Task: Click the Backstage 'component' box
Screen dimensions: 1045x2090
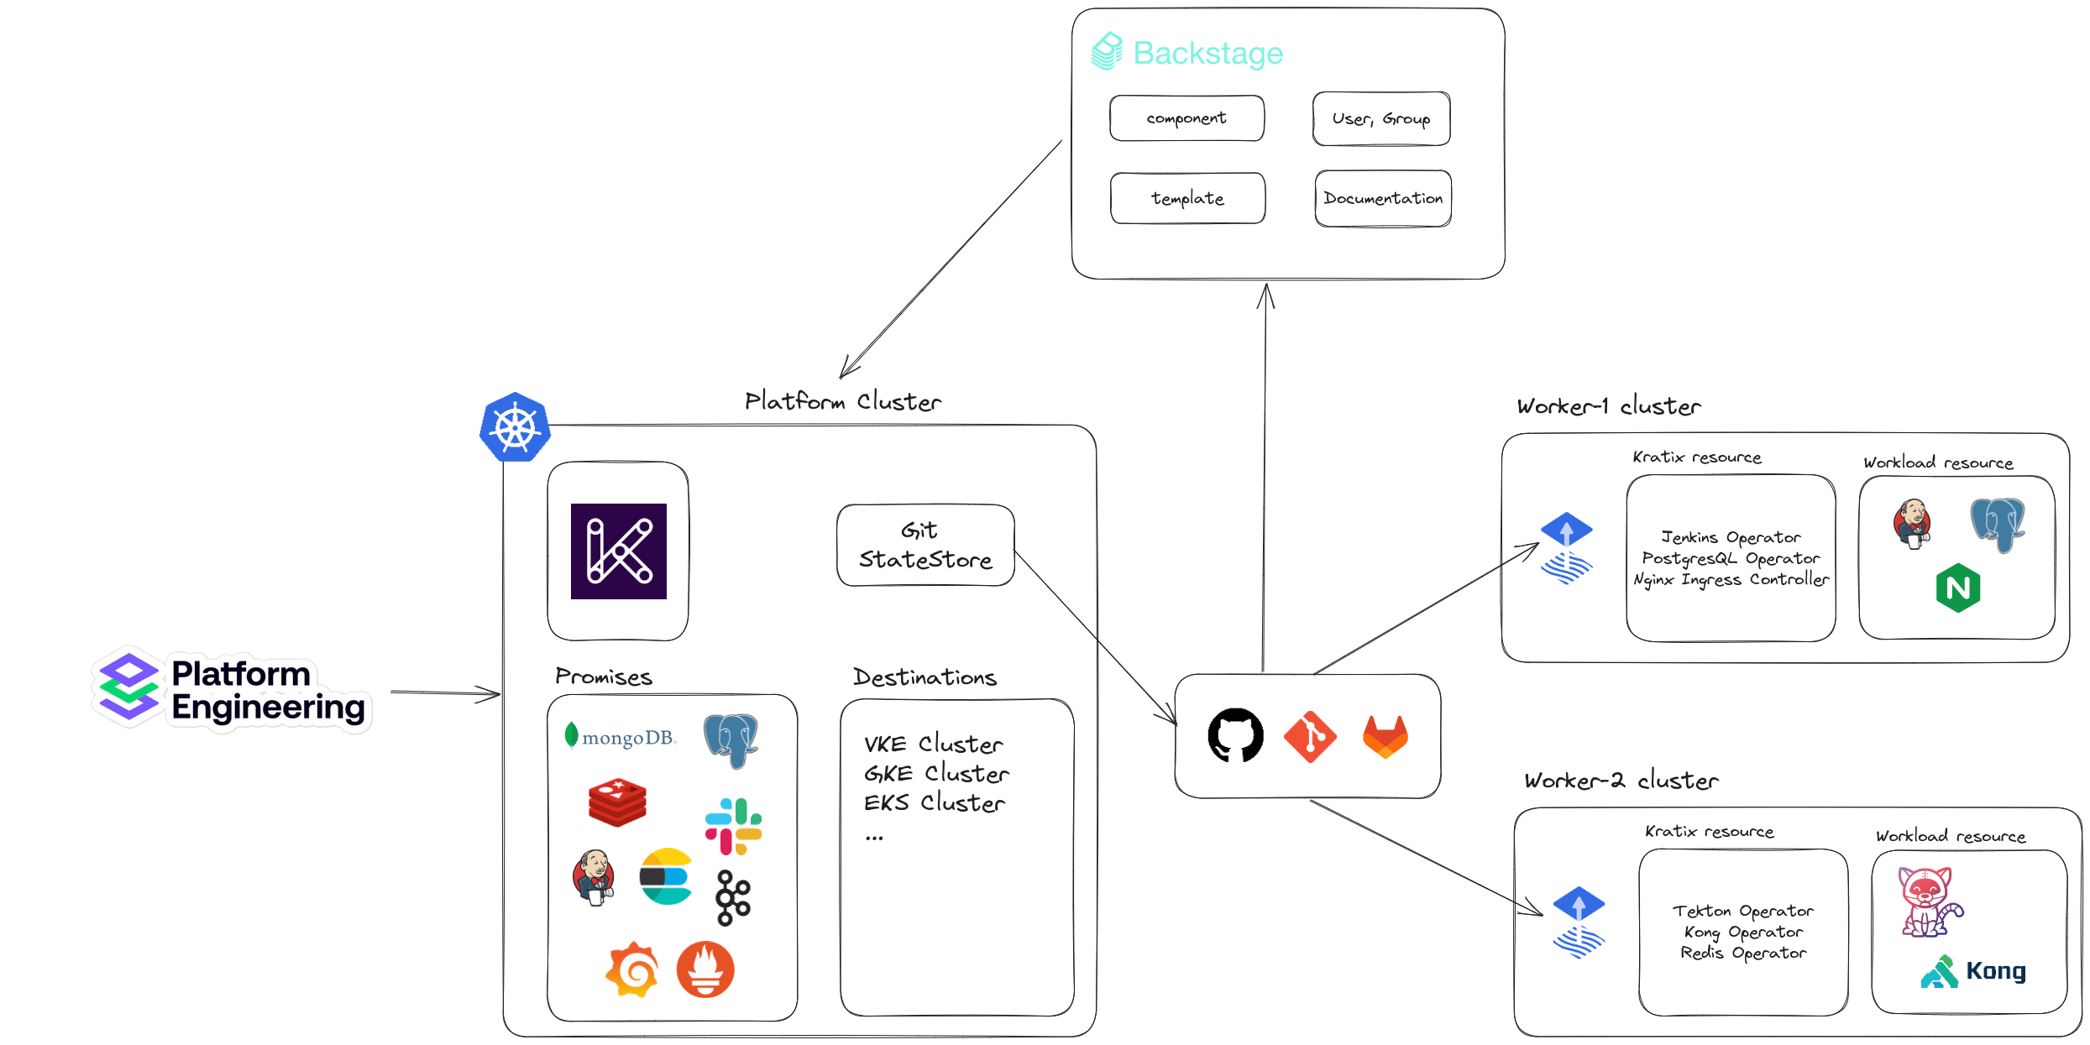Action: pyautogui.click(x=1186, y=118)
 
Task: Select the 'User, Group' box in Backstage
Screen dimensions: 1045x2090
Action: pyautogui.click(x=1380, y=119)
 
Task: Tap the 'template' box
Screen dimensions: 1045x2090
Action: pyautogui.click(x=1187, y=199)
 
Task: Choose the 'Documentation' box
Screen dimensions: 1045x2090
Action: pyautogui.click(x=1383, y=199)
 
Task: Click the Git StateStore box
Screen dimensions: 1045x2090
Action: pyautogui.click(x=925, y=546)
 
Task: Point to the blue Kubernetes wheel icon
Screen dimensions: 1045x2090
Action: pyautogui.click(x=515, y=427)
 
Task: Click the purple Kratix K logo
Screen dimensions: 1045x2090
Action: pyautogui.click(x=619, y=551)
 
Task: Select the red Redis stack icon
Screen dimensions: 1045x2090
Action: pyautogui.click(x=617, y=802)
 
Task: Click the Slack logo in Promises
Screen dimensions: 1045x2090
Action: pyautogui.click(x=733, y=827)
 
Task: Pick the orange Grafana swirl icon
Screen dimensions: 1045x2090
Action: pyautogui.click(x=631, y=969)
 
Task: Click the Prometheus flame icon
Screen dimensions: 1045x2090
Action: pyautogui.click(x=705, y=969)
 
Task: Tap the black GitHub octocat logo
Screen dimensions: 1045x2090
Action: pyautogui.click(x=1235, y=735)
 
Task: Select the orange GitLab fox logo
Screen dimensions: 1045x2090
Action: pyautogui.click(x=1385, y=736)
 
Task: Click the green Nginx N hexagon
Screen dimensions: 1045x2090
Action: pyautogui.click(x=1957, y=588)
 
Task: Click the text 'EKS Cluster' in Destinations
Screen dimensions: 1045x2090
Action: pyautogui.click(x=934, y=803)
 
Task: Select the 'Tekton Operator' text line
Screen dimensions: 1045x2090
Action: pyautogui.click(x=1742, y=912)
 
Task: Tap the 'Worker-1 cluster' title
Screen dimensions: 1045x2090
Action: pyautogui.click(x=1608, y=407)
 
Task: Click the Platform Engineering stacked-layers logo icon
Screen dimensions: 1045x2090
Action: pyautogui.click(x=128, y=687)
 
